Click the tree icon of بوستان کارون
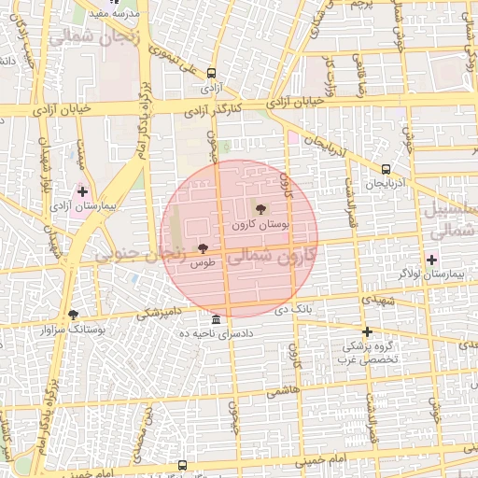[x=260, y=209]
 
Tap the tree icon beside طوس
[x=204, y=247]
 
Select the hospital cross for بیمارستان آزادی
[x=82, y=190]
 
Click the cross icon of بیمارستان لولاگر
[x=431, y=260]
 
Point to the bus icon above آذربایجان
[x=386, y=169]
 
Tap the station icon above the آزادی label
[x=212, y=73]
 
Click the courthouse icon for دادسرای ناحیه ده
[x=217, y=319]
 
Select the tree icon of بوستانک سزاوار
[x=74, y=315]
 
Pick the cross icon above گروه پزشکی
[x=367, y=331]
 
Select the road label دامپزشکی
[x=161, y=314]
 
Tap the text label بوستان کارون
[x=262, y=226]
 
